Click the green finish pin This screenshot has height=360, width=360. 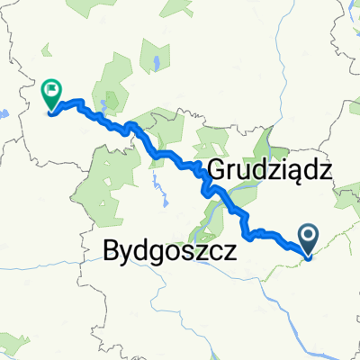(50, 94)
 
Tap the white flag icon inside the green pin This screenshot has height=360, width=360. (50, 91)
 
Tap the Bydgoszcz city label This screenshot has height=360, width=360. (170, 249)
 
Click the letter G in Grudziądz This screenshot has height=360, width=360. (220, 169)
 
